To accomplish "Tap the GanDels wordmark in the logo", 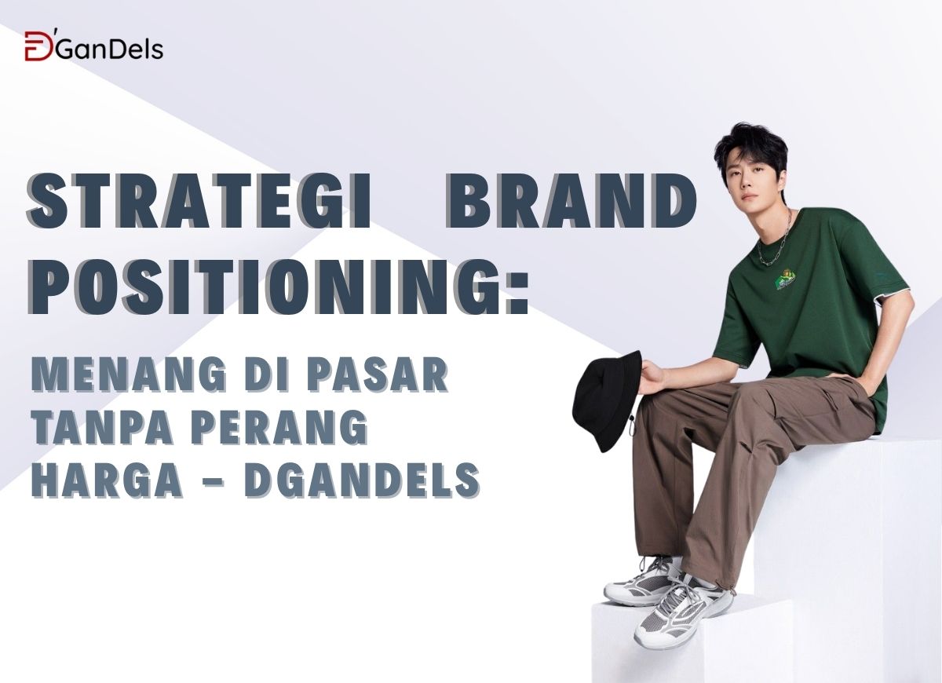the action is (x=108, y=49).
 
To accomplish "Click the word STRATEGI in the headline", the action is (x=197, y=201).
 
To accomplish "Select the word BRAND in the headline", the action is (x=571, y=201).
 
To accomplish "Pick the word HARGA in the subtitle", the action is (x=107, y=480).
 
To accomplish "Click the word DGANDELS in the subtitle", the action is (x=362, y=480).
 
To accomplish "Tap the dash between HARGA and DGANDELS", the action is (x=214, y=481).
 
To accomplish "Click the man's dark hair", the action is (x=750, y=145).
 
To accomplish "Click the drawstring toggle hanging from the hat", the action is (x=632, y=426).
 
